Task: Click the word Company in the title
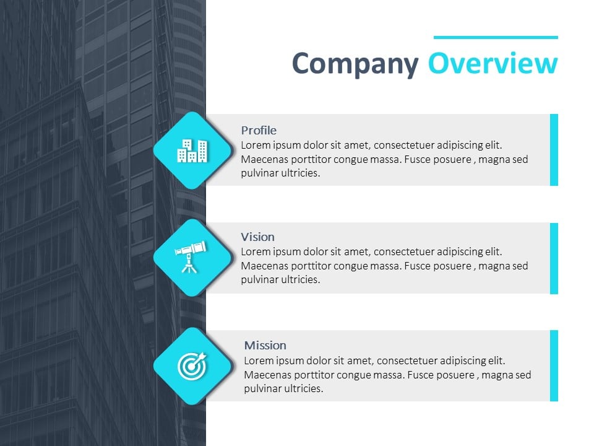355,64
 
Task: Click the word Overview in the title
493,63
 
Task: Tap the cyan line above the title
496,37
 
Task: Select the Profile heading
259,130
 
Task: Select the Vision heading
257,237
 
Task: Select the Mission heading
265,345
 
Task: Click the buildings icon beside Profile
192,151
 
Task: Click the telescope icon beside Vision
191,257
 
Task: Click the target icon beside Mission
192,365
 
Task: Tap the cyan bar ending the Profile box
554,150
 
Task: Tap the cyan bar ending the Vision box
554,258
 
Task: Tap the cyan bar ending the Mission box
554,365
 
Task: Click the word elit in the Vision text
493,251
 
